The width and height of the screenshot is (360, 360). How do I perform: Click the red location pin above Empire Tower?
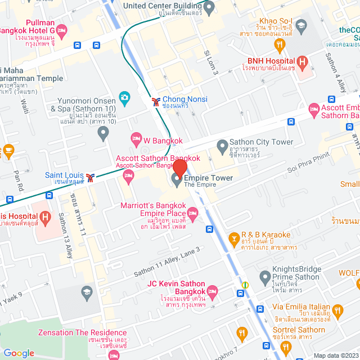coord(179,167)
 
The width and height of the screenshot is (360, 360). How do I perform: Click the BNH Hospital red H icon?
coord(302,62)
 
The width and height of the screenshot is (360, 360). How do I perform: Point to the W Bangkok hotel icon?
coord(136,138)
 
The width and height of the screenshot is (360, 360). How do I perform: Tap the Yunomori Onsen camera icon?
coord(124,97)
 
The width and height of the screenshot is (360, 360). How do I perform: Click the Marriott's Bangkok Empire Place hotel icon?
coord(193,212)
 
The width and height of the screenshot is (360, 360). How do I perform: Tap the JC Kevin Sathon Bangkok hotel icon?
coord(211,290)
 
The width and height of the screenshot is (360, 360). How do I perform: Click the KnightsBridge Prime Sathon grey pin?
coord(265,276)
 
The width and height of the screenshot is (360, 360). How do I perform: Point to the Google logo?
coord(19,353)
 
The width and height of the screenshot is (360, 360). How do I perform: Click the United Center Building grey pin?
coord(209,8)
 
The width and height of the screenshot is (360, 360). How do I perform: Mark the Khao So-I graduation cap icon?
coord(301,25)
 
